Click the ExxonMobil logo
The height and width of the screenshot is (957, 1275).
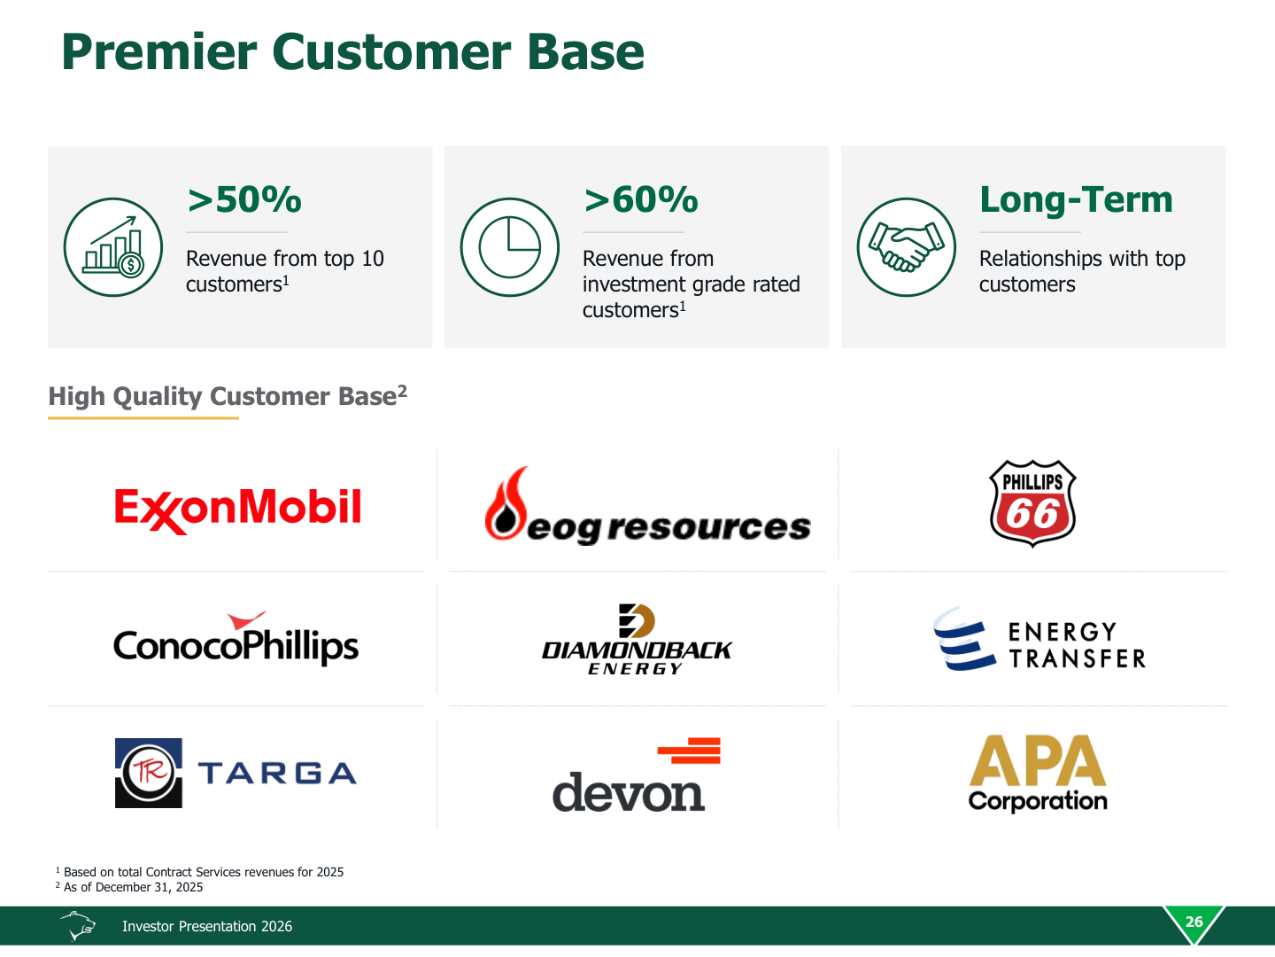click(x=237, y=510)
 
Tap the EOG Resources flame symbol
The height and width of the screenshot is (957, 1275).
click(x=506, y=504)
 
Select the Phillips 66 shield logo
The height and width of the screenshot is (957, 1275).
click(x=1032, y=503)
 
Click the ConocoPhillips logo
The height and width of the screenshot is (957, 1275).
click(x=236, y=639)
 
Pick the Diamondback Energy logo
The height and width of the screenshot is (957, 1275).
click(x=637, y=640)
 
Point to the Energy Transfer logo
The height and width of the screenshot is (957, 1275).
click(x=1039, y=639)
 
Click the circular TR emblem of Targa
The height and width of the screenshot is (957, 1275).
click(x=149, y=773)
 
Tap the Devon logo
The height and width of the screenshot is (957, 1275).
click(x=636, y=774)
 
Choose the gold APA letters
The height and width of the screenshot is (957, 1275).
click(x=1038, y=760)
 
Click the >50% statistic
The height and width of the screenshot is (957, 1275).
click(x=244, y=199)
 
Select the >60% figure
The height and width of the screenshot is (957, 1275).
click(x=641, y=199)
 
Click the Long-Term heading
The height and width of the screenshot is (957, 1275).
click(x=1076, y=200)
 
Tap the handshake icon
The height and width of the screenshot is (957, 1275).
click(x=906, y=247)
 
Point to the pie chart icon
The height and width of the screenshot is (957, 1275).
click(x=509, y=247)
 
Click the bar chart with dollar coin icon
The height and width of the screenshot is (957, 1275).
click(x=112, y=247)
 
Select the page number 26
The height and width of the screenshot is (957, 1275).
click(x=1194, y=922)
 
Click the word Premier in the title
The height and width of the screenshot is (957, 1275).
click(x=158, y=53)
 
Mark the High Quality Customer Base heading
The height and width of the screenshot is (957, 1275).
click(x=228, y=397)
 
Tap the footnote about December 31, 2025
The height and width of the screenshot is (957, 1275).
click(x=129, y=887)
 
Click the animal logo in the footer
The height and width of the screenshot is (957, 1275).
click(x=79, y=926)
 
